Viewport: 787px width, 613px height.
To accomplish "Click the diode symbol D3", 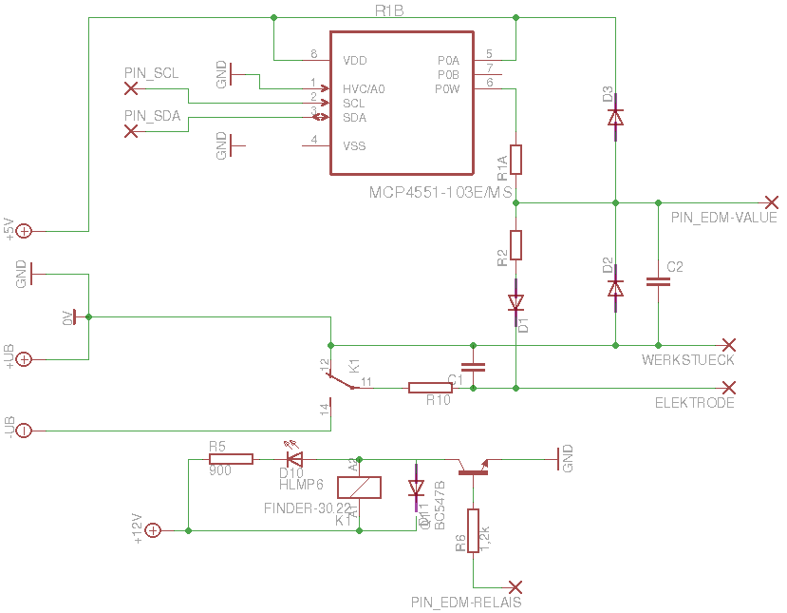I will point(615,117).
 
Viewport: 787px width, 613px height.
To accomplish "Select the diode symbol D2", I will point(615,286).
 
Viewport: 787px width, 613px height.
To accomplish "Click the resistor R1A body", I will point(516,160).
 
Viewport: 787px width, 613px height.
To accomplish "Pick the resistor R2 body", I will point(516,245).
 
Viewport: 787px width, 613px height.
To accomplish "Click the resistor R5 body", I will point(231,459).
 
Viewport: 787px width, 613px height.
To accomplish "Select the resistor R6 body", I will point(473,530).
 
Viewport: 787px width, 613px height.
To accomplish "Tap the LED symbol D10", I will point(293,457).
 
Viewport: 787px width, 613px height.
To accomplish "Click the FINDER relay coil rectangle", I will point(358,488).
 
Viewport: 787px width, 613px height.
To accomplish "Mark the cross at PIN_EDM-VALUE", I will point(772,202).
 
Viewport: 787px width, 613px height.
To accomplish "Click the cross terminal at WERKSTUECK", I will point(728,344).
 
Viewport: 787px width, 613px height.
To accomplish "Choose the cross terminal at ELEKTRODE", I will point(728,388).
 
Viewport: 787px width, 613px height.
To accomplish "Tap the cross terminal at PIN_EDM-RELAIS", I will point(515,586).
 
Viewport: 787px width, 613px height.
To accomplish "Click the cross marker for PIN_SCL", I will point(131,88).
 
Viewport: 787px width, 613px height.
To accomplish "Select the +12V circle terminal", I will point(153,530).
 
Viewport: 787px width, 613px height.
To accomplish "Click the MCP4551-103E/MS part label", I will point(440,192).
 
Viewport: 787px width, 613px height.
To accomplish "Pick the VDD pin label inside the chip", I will point(354,60).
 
